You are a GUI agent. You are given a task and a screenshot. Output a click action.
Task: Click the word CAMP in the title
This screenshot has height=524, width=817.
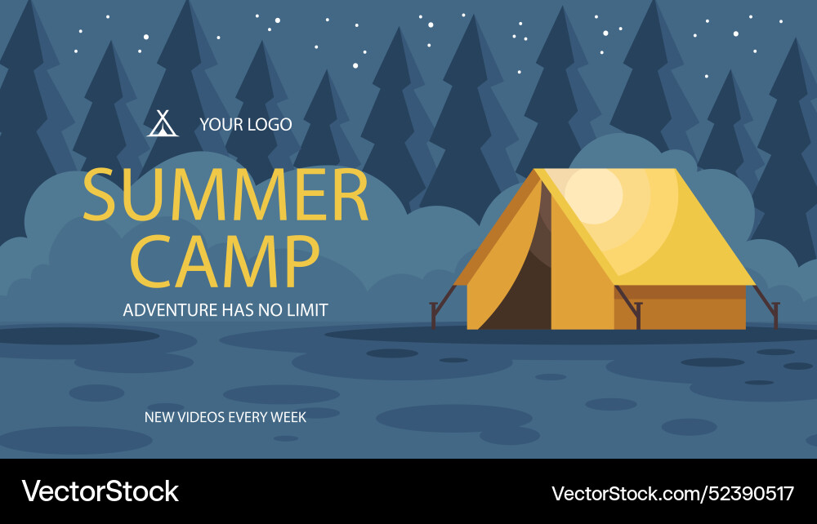[x=225, y=261]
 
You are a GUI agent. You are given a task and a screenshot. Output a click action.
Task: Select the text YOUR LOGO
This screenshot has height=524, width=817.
[x=245, y=125]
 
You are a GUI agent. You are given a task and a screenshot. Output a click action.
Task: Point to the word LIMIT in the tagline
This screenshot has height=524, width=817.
[x=306, y=310]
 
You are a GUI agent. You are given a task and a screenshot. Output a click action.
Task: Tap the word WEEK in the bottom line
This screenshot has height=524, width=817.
[x=288, y=417]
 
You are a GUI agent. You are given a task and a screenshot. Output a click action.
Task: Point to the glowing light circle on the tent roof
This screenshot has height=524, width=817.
[x=594, y=194]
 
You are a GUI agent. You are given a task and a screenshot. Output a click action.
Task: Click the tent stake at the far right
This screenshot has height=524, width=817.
[x=774, y=314]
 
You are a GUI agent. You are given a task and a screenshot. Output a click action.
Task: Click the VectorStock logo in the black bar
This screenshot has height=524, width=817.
[x=100, y=491]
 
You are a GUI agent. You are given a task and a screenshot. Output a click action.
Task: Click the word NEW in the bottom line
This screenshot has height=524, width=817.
[x=158, y=417]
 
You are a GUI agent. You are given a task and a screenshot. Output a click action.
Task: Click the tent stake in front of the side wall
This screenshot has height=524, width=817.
[x=638, y=314]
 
